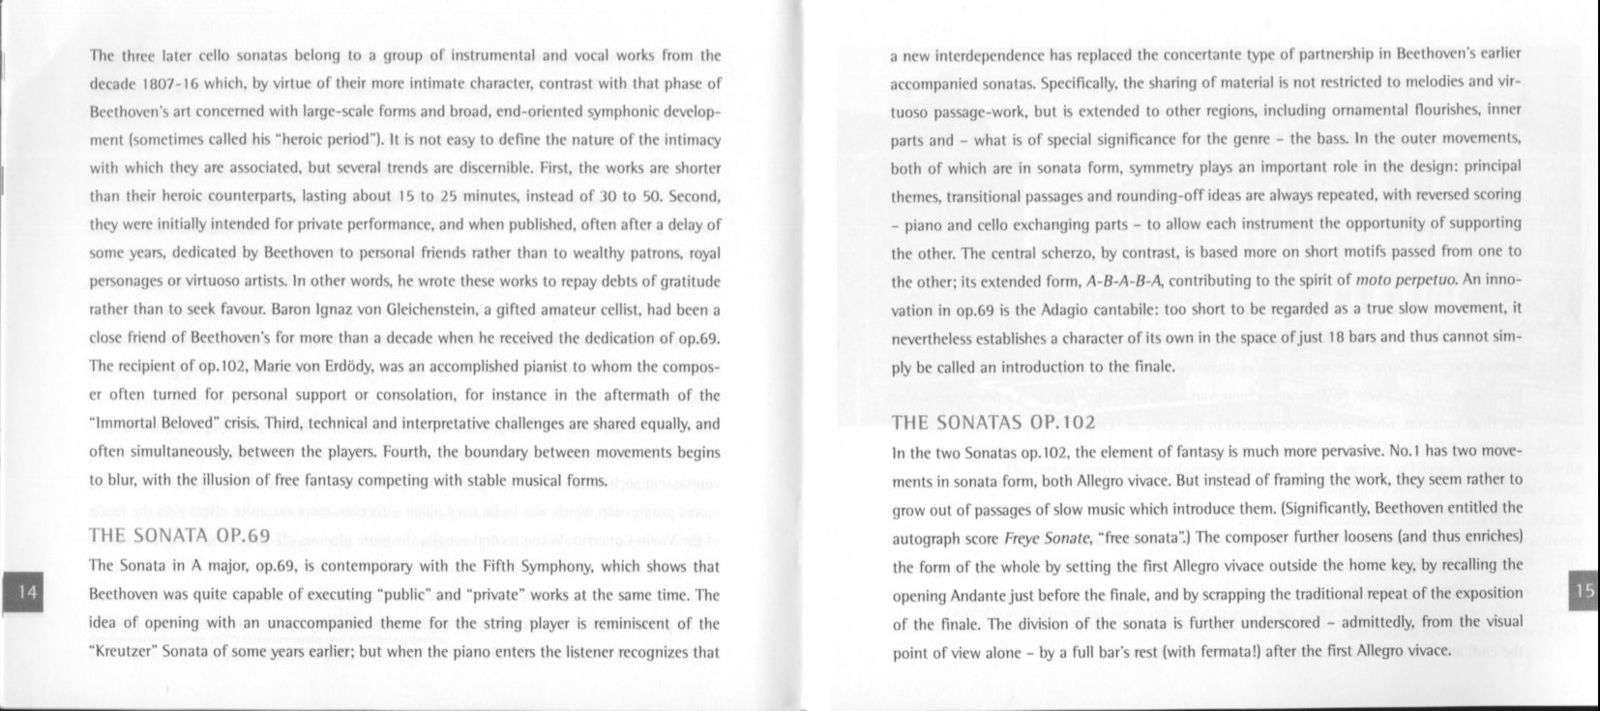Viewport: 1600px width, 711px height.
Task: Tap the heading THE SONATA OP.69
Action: (x=178, y=536)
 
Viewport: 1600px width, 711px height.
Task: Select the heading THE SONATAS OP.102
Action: (x=993, y=422)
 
